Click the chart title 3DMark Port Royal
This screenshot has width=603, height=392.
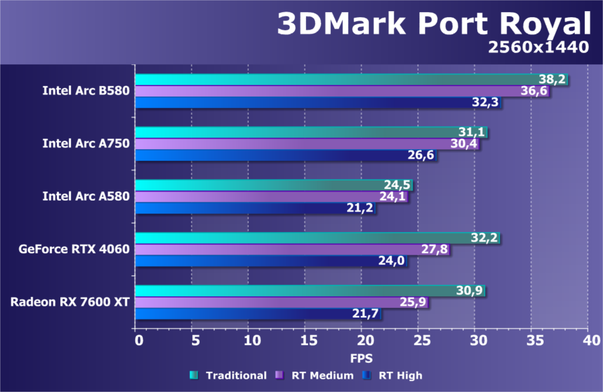(x=434, y=24)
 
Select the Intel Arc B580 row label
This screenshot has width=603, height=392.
(x=86, y=91)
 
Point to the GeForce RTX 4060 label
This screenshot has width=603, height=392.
(x=74, y=249)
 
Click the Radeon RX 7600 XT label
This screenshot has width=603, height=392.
(x=70, y=302)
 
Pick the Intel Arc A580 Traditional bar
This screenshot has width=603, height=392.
(x=274, y=185)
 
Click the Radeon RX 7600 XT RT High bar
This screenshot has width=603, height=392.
(x=258, y=314)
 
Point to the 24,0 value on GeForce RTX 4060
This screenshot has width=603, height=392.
(x=392, y=261)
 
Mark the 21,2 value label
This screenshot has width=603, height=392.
(x=360, y=208)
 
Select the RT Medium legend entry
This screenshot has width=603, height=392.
(x=315, y=375)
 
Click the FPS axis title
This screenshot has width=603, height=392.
(x=361, y=359)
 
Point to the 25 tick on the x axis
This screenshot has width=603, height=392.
(x=419, y=341)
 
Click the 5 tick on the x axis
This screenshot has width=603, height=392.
(x=191, y=341)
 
